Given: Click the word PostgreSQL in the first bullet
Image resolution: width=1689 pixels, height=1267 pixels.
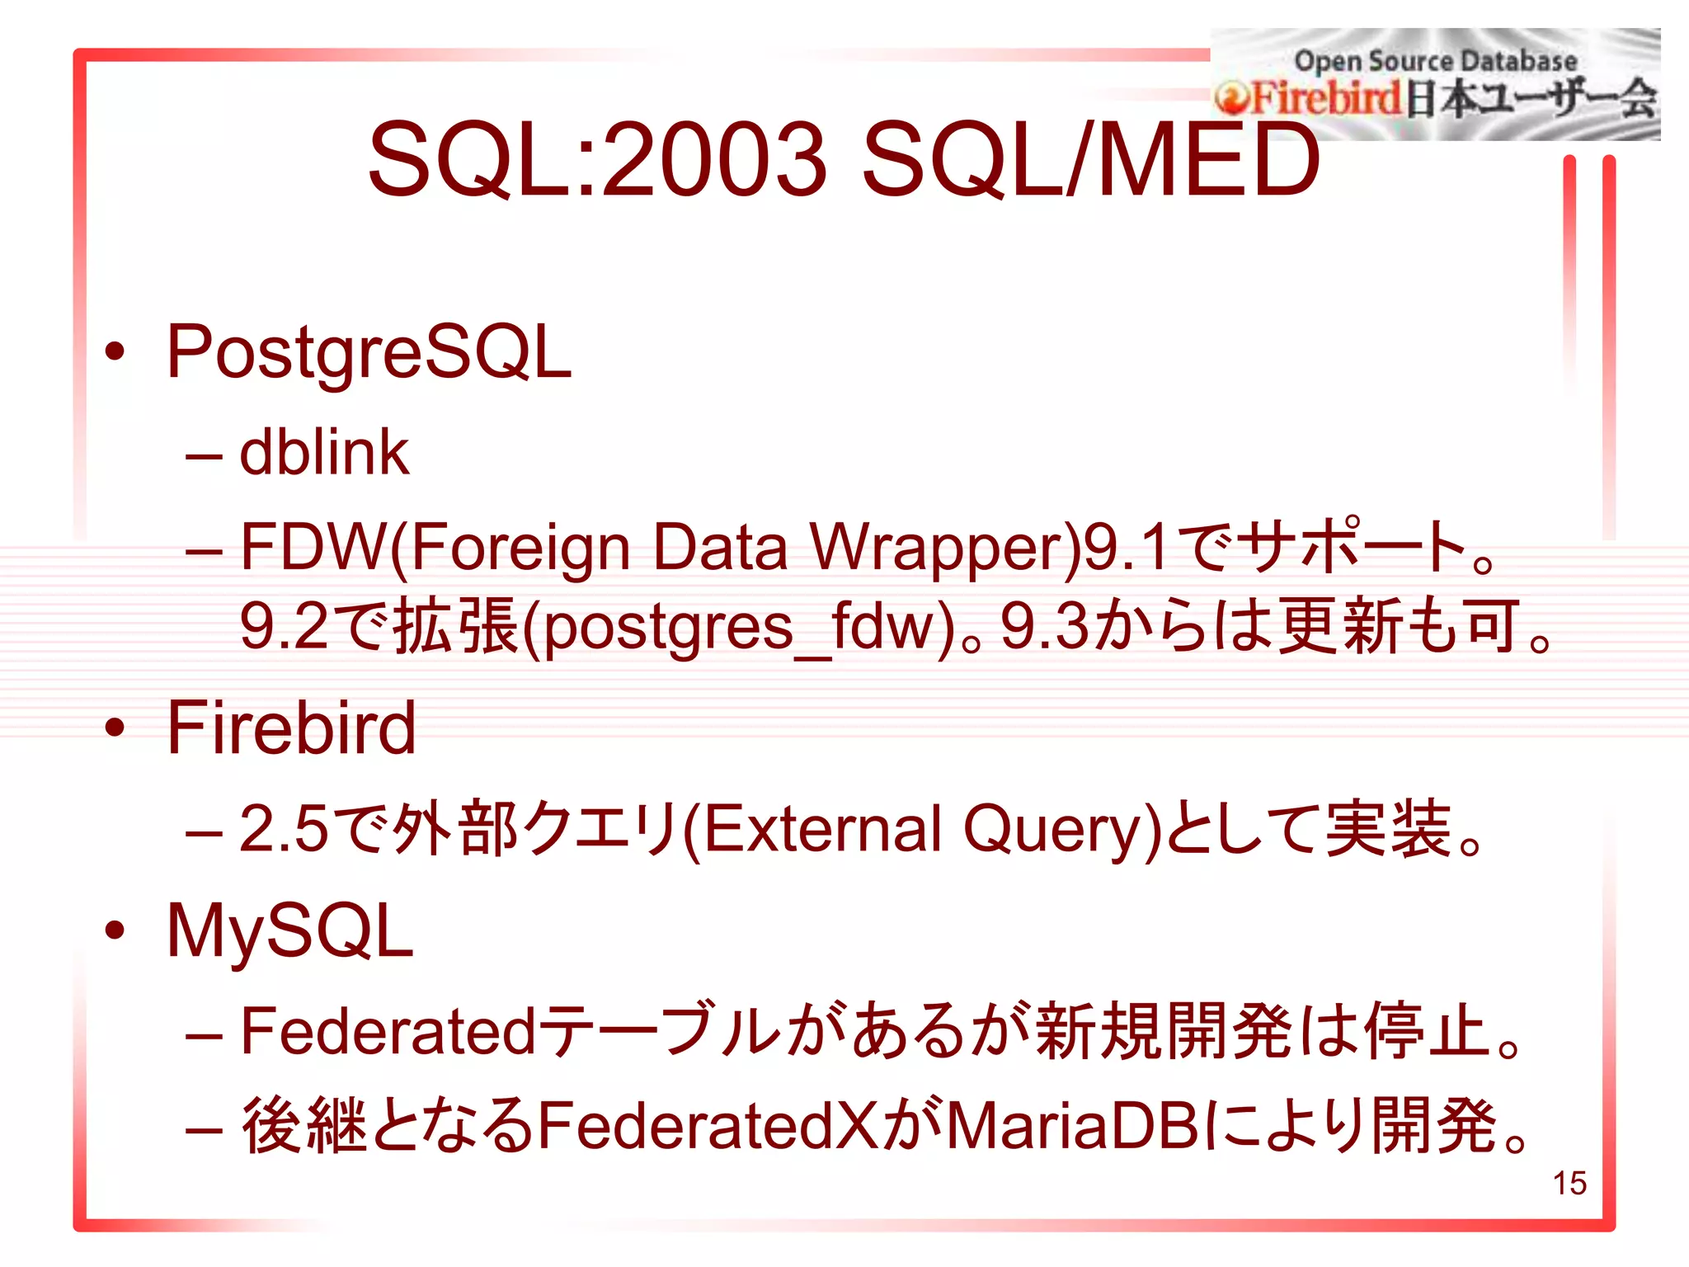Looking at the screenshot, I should click(369, 353).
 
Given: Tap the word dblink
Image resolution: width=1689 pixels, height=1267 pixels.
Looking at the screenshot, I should click(323, 453).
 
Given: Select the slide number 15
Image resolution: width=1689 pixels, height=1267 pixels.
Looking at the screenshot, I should click(1569, 1183).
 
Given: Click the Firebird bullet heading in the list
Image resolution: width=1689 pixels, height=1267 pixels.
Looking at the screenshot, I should click(291, 728).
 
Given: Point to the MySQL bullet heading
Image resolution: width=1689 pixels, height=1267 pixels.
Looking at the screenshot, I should click(289, 931).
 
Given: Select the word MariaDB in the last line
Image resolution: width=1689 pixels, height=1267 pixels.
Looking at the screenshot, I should click(1073, 1125).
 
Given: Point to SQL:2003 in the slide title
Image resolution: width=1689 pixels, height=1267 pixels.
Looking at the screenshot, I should click(597, 158).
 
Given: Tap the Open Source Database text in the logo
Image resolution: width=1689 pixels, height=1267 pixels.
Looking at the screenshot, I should click(1435, 61).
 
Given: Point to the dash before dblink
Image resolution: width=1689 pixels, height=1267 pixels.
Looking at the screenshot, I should click(204, 456).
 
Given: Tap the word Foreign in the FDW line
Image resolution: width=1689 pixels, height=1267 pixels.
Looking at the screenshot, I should click(520, 548).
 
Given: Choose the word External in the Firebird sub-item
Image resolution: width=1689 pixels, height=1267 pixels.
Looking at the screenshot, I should click(821, 829).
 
